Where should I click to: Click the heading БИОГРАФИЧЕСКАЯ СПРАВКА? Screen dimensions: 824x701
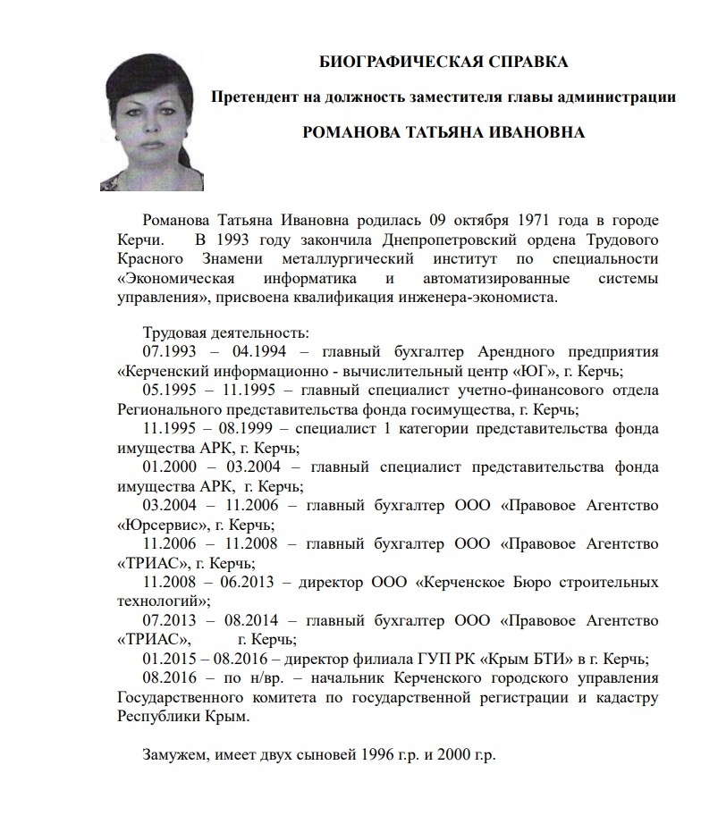pos(443,62)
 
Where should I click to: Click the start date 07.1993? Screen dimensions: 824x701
pos(170,350)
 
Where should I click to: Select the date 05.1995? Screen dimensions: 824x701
pos(170,390)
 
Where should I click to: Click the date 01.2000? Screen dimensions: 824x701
pos(170,467)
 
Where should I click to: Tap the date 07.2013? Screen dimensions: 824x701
pos(170,620)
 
